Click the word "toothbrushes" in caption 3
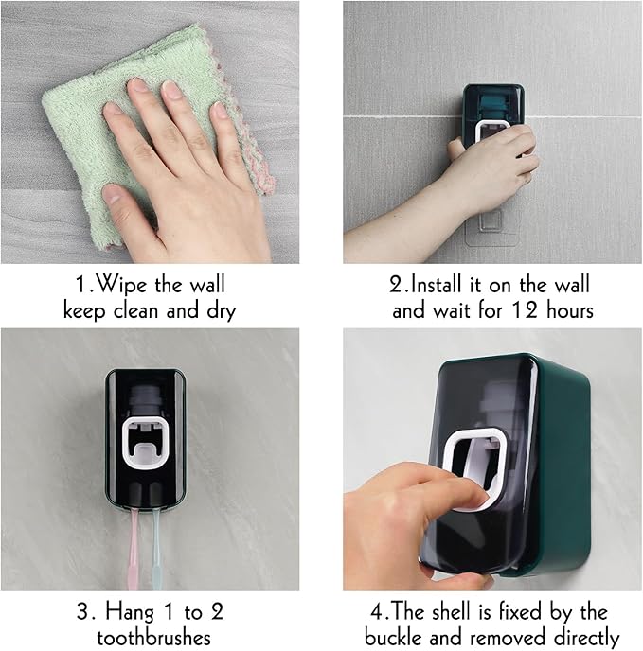click(x=153, y=638)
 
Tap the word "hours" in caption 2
click(x=569, y=310)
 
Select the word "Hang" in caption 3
click(x=130, y=613)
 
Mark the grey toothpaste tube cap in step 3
click(x=144, y=400)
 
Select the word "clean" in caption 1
click(x=136, y=310)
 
